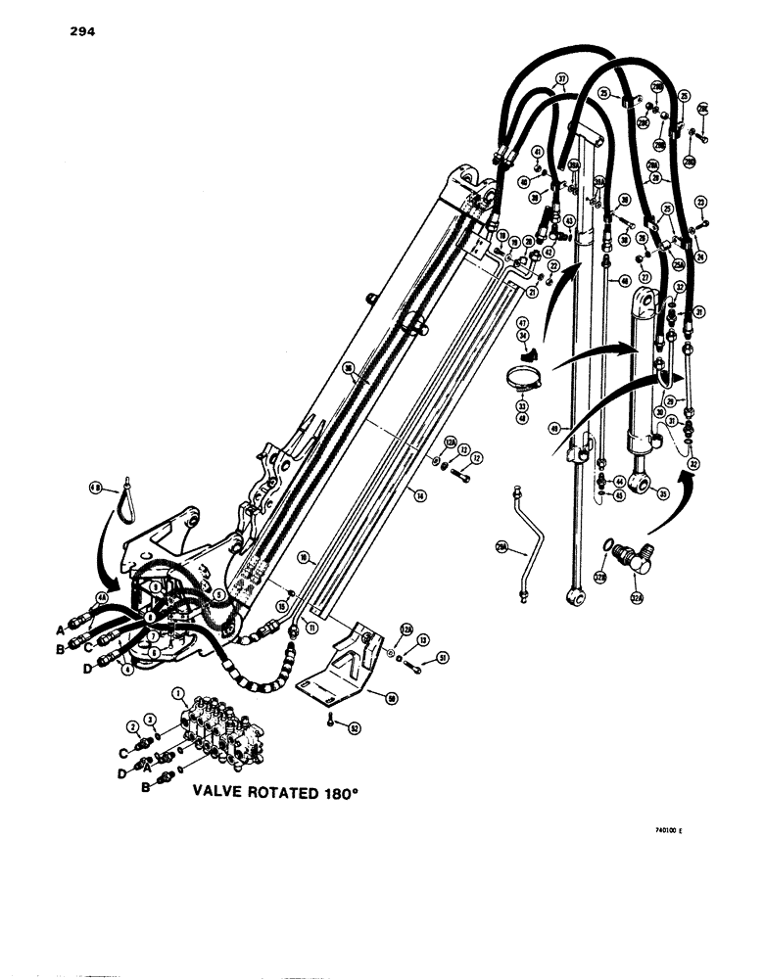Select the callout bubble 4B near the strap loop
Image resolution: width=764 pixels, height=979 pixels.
point(96,487)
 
